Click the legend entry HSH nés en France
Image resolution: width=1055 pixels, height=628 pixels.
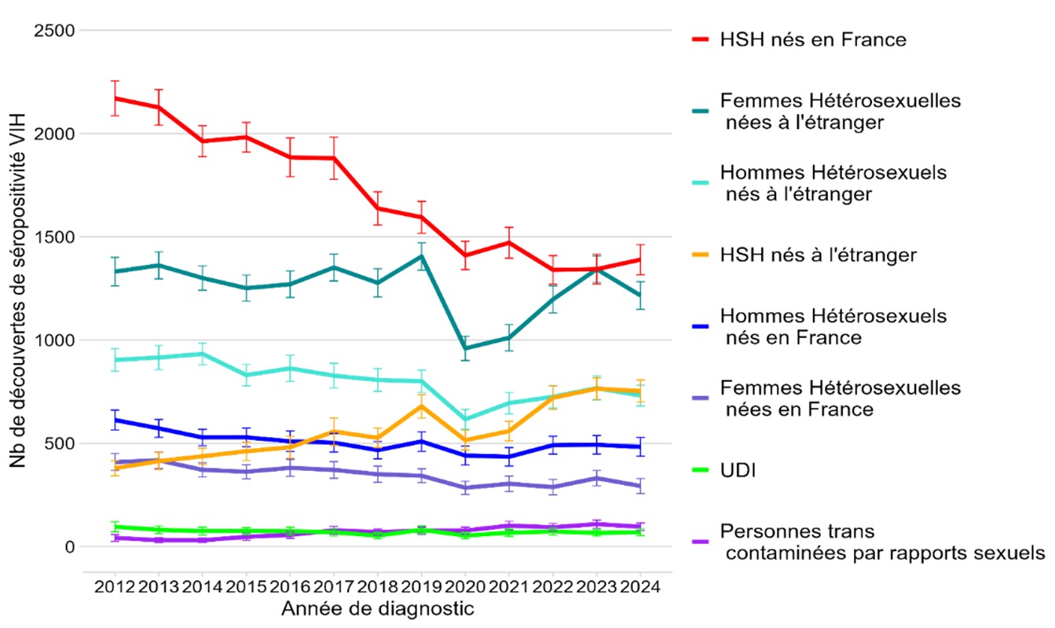(x=813, y=40)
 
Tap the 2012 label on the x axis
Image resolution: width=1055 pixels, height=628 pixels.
(x=115, y=587)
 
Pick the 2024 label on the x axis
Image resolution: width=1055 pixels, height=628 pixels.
(x=639, y=587)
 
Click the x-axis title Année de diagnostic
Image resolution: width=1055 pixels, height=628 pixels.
(x=377, y=608)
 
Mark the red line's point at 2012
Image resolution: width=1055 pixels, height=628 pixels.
(x=115, y=98)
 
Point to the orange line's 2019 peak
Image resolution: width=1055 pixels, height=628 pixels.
(x=421, y=406)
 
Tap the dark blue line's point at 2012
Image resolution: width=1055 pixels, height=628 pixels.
(x=115, y=420)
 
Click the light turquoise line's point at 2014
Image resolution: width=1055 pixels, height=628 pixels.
(x=203, y=354)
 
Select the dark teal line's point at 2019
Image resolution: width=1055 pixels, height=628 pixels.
(x=421, y=256)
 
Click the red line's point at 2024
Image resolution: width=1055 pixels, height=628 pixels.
(x=639, y=259)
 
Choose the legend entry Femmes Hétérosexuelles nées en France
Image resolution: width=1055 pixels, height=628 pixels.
(x=840, y=398)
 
